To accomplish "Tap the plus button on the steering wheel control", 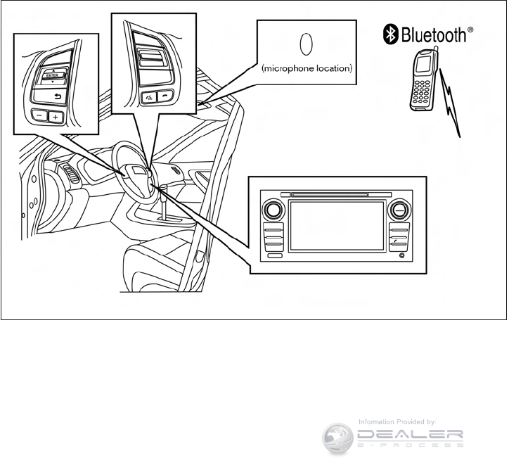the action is pyautogui.click(x=56, y=117).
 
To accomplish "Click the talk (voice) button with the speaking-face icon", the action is pyautogui.click(x=149, y=97).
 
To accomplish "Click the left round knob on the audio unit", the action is pyautogui.click(x=274, y=209).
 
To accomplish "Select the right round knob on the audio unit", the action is pyautogui.click(x=398, y=209).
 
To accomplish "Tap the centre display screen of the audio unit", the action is pyautogui.click(x=336, y=226).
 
